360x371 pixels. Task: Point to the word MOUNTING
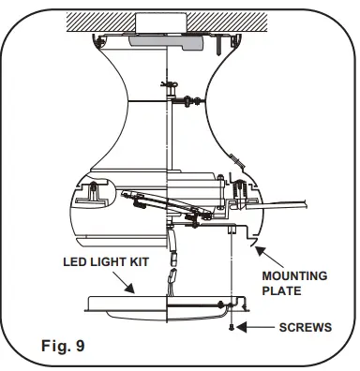click(293, 275)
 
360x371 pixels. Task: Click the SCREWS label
click(307, 328)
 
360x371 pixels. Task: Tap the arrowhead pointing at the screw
click(242, 327)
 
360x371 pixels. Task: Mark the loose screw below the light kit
click(231, 326)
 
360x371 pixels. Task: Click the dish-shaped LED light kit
click(141, 302)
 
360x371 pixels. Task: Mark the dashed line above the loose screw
click(231, 281)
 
